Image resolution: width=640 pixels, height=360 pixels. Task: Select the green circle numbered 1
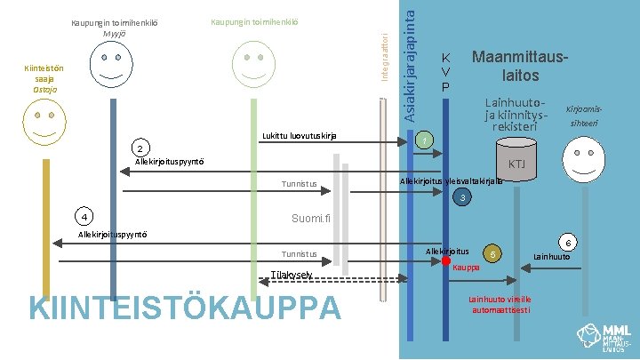pos(427,140)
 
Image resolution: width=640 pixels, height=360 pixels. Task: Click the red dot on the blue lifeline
pos(446,261)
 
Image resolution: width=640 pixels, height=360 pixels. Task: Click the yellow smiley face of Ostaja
pos(43,121)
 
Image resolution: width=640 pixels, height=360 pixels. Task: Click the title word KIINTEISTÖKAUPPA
pos(185,308)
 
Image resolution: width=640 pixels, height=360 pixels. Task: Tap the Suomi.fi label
pos(311,219)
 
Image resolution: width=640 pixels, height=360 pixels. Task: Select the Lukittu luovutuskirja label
pos(299,136)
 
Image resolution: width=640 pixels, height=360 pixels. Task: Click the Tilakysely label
pos(291,276)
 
